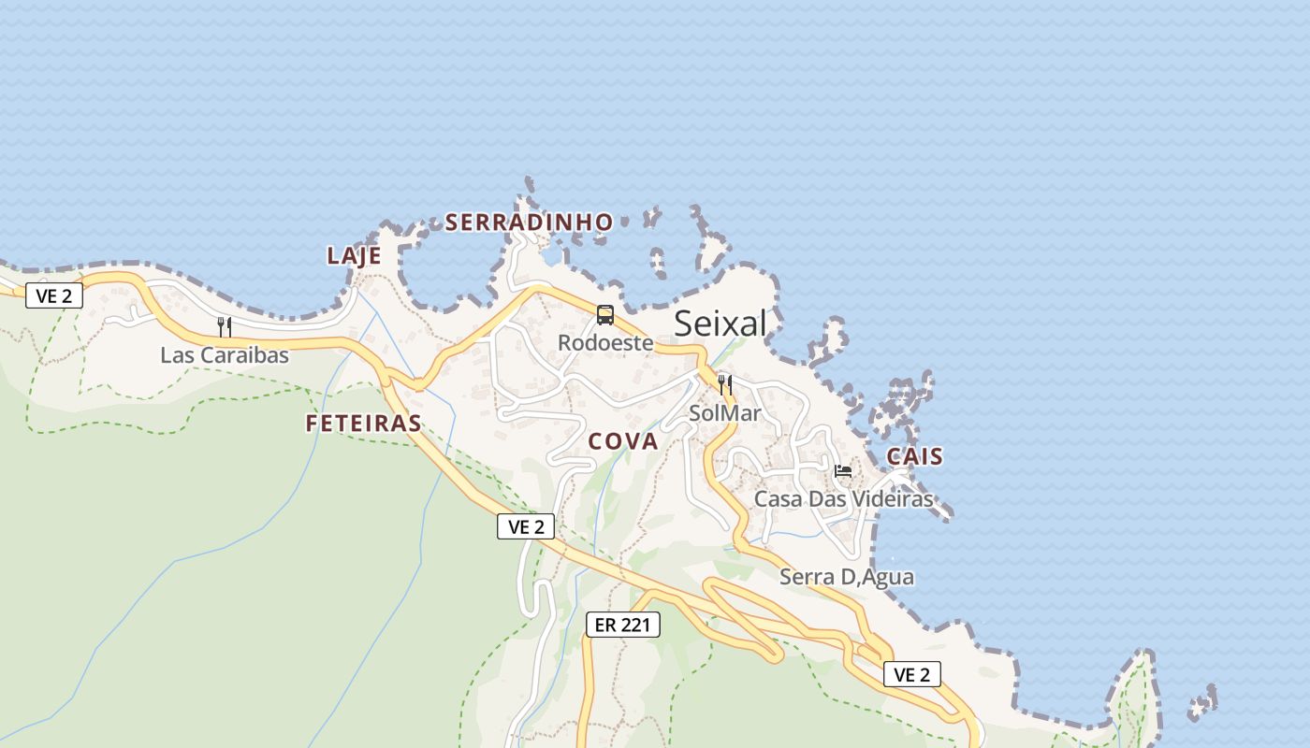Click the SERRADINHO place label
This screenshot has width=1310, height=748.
pyautogui.click(x=529, y=223)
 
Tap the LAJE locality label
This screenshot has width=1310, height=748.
pyautogui.click(x=354, y=256)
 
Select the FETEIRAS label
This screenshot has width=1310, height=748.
pyautogui.click(x=363, y=424)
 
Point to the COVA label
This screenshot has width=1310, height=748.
pyautogui.click(x=623, y=442)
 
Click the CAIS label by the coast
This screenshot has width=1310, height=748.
pyautogui.click(x=914, y=457)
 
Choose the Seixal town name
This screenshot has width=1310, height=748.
pyautogui.click(x=720, y=324)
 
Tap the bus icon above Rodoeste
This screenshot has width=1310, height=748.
pyautogui.click(x=605, y=315)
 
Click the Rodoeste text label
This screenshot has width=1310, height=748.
pyautogui.click(x=605, y=343)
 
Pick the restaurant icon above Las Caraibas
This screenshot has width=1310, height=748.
pyautogui.click(x=225, y=326)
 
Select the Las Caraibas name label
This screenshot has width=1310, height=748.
pyautogui.click(x=225, y=355)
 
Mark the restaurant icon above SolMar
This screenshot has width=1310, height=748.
pyautogui.click(x=725, y=384)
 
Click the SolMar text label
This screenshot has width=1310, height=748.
pyautogui.click(x=725, y=413)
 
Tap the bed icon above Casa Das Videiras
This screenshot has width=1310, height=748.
pyautogui.click(x=843, y=470)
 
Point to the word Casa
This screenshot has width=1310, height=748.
pyautogui.click(x=779, y=499)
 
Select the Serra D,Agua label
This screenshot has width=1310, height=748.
pyautogui.click(x=847, y=577)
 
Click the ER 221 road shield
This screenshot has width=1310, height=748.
pyautogui.click(x=622, y=625)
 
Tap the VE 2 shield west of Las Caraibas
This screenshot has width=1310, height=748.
pyautogui.click(x=54, y=295)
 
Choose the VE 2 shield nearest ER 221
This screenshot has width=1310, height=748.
pyautogui.click(x=526, y=526)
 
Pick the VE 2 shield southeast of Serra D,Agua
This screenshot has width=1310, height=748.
pyautogui.click(x=911, y=674)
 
